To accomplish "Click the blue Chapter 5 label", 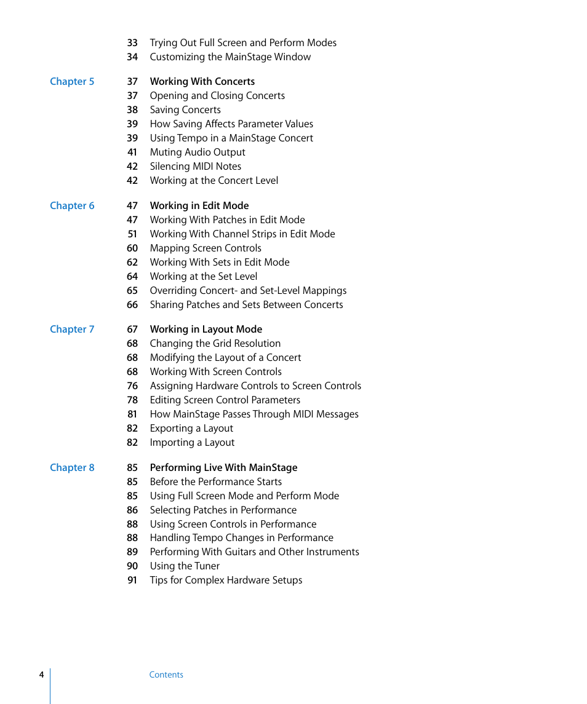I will (x=72, y=82).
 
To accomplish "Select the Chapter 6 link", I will (x=72, y=206).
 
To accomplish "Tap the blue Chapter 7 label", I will (x=72, y=330).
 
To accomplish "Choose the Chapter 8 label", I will (x=72, y=468).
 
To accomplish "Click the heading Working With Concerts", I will (x=202, y=82).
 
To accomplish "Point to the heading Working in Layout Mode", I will (x=206, y=330).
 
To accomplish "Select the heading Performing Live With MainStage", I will (x=223, y=468).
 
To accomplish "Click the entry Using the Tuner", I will (x=185, y=566).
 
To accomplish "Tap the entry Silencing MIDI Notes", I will (x=195, y=167).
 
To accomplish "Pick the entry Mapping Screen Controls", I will (x=206, y=248).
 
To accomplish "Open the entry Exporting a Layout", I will (x=191, y=429).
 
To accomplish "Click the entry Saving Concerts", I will (x=185, y=110).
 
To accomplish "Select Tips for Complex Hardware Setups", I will (x=226, y=580).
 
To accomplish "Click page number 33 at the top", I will (x=132, y=43).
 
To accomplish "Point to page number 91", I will (x=132, y=580).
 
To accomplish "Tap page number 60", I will (x=132, y=248).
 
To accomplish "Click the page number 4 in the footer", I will (x=41, y=674).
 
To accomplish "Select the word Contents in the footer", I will (x=166, y=674).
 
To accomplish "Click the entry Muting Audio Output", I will (x=198, y=152).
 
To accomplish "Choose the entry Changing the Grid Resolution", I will (x=215, y=344).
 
